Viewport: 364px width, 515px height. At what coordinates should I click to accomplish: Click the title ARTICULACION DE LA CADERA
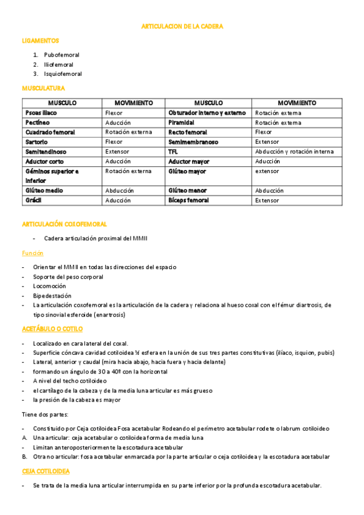[x=182, y=27]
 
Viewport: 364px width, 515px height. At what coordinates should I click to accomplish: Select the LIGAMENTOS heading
[x=40, y=41]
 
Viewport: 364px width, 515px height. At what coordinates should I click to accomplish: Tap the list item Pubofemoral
[x=61, y=55]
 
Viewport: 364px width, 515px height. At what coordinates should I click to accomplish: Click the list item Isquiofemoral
[x=63, y=73]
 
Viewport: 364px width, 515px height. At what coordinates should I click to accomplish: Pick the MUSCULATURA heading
[x=43, y=88]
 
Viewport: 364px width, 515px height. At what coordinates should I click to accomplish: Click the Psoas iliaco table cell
[x=41, y=113]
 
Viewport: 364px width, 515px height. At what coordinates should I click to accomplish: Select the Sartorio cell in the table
[x=37, y=142]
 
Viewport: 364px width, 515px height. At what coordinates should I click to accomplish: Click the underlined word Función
[x=33, y=253]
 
